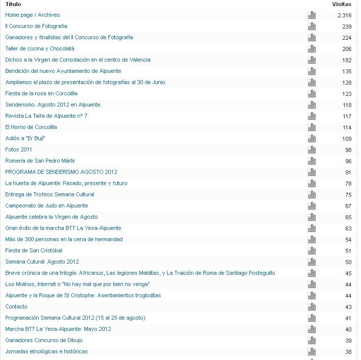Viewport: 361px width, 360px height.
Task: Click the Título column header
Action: point(13,4)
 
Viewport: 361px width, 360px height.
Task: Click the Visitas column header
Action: point(342,4)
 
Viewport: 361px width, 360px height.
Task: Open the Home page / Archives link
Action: point(32,15)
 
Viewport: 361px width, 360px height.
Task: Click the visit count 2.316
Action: point(345,15)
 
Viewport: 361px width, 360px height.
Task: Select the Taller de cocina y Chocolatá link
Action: point(40,49)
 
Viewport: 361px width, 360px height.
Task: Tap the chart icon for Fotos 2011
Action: point(311,150)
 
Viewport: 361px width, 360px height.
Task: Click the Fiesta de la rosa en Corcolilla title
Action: point(41,94)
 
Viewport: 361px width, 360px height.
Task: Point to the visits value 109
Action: point(347,139)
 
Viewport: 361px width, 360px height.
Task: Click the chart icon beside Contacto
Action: point(311,307)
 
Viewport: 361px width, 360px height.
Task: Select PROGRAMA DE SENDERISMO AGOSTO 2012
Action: point(61,172)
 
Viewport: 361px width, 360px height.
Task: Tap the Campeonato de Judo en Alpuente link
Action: point(46,206)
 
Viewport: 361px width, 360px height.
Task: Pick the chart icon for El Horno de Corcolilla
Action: point(311,127)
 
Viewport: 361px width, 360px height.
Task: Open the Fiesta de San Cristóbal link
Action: point(34,251)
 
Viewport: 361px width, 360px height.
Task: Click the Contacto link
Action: point(16,307)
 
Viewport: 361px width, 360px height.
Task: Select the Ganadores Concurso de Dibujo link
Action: point(44,341)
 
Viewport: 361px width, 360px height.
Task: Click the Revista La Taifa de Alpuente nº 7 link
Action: point(46,116)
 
